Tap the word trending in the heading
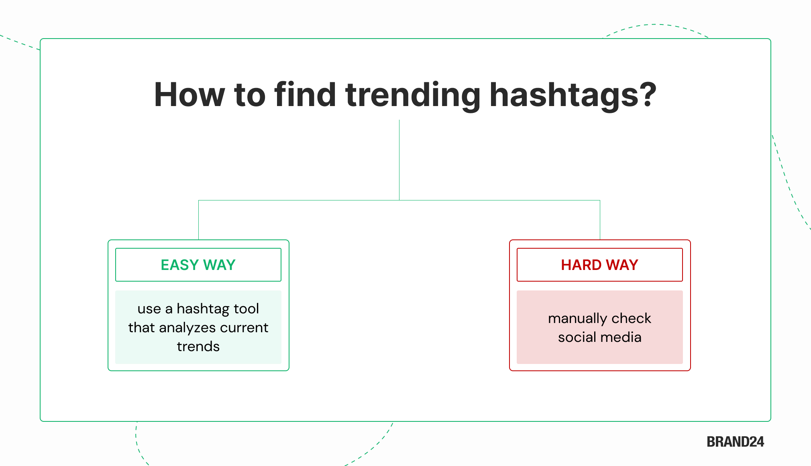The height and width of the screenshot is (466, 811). [x=412, y=96]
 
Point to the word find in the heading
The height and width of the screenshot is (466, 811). [x=305, y=95]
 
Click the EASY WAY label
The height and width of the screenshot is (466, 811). [x=198, y=265]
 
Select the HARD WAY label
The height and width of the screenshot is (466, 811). [x=599, y=265]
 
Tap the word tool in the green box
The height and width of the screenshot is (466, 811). [x=246, y=309]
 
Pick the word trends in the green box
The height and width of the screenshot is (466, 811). [x=198, y=346]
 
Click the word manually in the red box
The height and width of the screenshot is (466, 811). [x=577, y=319]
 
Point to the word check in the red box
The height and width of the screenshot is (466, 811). [x=631, y=318]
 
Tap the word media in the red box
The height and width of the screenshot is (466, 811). [x=622, y=337]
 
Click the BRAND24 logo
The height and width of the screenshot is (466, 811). [x=735, y=441]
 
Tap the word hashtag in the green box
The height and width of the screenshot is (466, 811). [x=203, y=309]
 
